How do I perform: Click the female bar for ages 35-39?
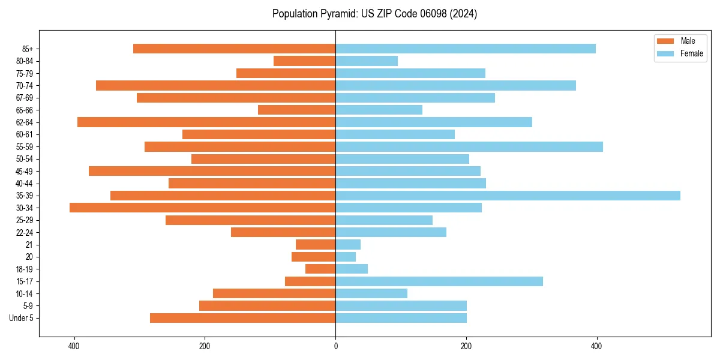(x=508, y=196)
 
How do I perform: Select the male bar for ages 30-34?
(x=202, y=208)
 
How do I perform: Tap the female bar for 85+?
(x=466, y=49)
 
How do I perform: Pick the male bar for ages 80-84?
(x=304, y=61)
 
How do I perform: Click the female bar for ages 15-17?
(x=439, y=281)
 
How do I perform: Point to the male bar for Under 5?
(x=242, y=318)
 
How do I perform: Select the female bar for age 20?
(x=346, y=257)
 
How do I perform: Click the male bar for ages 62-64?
(x=206, y=122)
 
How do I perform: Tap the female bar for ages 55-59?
(x=469, y=146)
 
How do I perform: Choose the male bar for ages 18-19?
(x=320, y=269)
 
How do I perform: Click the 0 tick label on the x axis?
(x=335, y=346)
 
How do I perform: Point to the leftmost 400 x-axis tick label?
(x=74, y=346)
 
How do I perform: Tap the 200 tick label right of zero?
(x=466, y=346)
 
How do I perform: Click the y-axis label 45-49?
(x=24, y=171)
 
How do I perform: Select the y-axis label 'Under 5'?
(x=21, y=318)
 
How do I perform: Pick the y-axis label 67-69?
(x=24, y=98)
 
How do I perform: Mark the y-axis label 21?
(x=29, y=245)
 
